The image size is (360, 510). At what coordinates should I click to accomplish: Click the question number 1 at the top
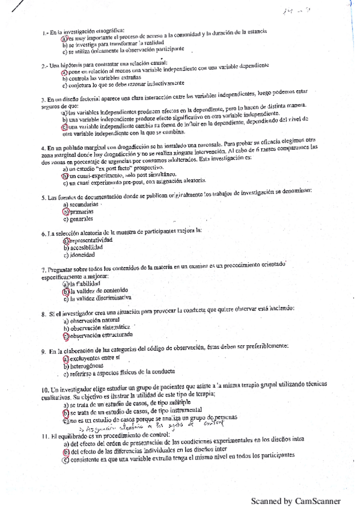[x=44, y=31]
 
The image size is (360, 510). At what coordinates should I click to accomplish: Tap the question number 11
[x=46, y=434]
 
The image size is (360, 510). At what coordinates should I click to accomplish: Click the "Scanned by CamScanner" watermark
[x=296, y=500]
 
